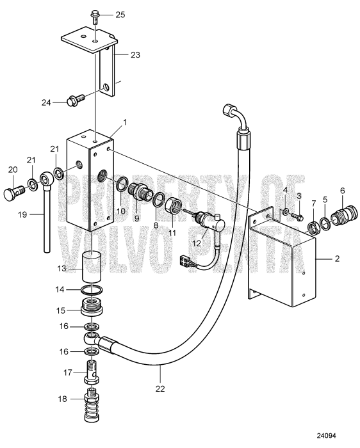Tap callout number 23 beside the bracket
pyautogui.click(x=135, y=54)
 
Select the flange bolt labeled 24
pyautogui.click(x=76, y=100)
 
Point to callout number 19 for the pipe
pyautogui.click(x=22, y=214)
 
